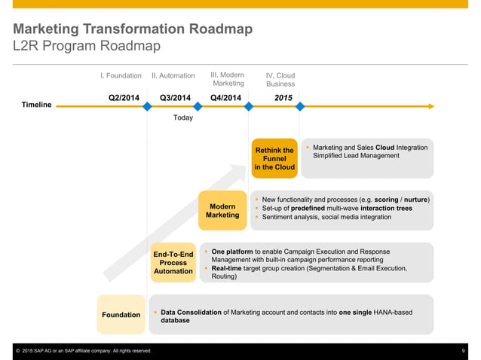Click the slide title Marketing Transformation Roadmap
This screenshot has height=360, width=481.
point(132,29)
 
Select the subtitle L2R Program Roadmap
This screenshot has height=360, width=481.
point(86,47)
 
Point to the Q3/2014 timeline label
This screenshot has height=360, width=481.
point(176,97)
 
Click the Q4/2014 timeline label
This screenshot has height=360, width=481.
point(226,97)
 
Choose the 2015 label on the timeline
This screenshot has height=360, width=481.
point(283,97)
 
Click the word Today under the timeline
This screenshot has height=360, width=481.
point(183,118)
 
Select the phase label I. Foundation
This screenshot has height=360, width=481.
point(121,76)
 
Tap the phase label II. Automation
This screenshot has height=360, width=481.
point(173,76)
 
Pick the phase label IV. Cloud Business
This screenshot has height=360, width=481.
point(280,80)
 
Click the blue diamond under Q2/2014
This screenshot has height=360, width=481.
point(147,107)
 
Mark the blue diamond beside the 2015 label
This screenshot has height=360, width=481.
point(300,107)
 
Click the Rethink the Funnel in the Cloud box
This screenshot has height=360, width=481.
point(274,158)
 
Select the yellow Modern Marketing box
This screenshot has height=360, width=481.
point(222,210)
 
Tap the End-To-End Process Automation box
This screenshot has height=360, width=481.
point(173,262)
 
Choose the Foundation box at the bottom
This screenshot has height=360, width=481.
point(121,314)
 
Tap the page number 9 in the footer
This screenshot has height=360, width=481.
point(463,351)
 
